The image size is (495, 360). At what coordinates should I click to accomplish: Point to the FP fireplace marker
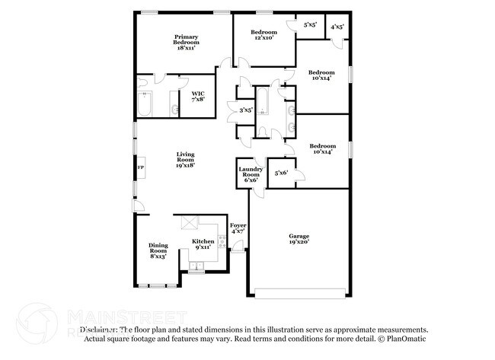140,168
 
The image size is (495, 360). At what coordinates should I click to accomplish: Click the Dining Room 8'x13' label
158,250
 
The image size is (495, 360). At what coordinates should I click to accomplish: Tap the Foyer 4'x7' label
238,228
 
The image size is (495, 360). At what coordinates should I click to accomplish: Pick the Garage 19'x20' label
299,239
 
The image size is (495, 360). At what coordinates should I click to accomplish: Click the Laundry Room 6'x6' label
251,174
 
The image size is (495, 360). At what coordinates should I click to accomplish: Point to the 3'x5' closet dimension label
246,111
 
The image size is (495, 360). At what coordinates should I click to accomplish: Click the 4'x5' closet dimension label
337,27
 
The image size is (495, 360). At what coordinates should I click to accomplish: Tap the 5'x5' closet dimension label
310,25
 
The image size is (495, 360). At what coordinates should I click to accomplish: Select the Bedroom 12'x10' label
265,34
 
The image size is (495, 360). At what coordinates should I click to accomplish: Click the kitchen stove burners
222,243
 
